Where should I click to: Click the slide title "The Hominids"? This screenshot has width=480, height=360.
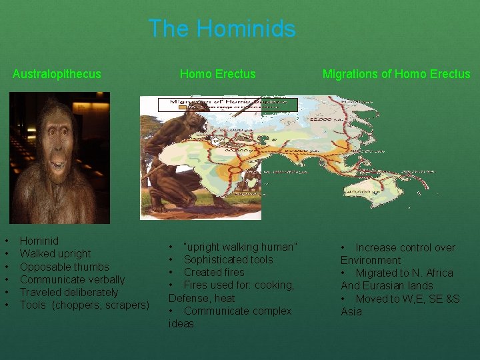tap(222, 29)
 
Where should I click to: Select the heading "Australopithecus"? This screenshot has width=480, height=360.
tap(57, 74)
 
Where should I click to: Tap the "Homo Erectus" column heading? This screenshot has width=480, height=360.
tap(218, 74)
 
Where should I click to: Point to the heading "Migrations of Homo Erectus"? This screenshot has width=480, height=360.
tap(396, 74)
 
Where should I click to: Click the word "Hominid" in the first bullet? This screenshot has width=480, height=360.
tap(39, 241)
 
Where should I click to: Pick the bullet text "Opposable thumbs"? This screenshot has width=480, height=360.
tap(64, 267)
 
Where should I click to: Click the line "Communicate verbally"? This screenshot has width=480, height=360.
tap(72, 279)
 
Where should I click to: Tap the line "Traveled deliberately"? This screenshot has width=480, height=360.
tap(69, 292)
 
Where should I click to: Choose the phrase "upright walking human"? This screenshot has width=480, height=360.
tap(240, 247)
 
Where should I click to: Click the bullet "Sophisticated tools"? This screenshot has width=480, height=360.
tap(229, 259)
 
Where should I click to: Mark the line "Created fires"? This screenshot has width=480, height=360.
tap(214, 272)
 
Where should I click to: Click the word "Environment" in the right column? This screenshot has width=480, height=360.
tap(371, 260)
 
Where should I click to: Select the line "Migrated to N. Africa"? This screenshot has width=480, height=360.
tap(404, 273)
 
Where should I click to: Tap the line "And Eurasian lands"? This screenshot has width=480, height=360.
tap(387, 285)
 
